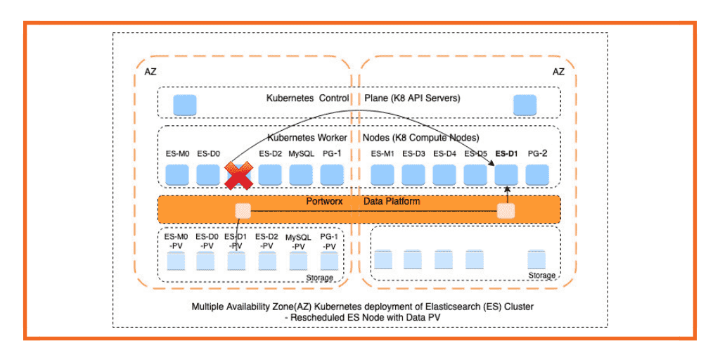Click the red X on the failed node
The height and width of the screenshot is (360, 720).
point(238,176)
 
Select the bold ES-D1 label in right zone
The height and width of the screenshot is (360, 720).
point(506,154)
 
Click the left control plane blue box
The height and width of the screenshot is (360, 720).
point(185,105)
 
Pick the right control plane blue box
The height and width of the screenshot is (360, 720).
point(525,105)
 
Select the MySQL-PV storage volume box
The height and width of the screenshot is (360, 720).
point(298,261)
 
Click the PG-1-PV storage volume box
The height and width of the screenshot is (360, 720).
point(329,261)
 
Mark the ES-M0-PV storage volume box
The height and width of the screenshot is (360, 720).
point(176,261)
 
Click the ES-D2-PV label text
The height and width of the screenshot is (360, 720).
point(267,241)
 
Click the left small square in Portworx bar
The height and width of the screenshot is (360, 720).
point(243,210)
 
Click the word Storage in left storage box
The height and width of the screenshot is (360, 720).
point(319,278)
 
